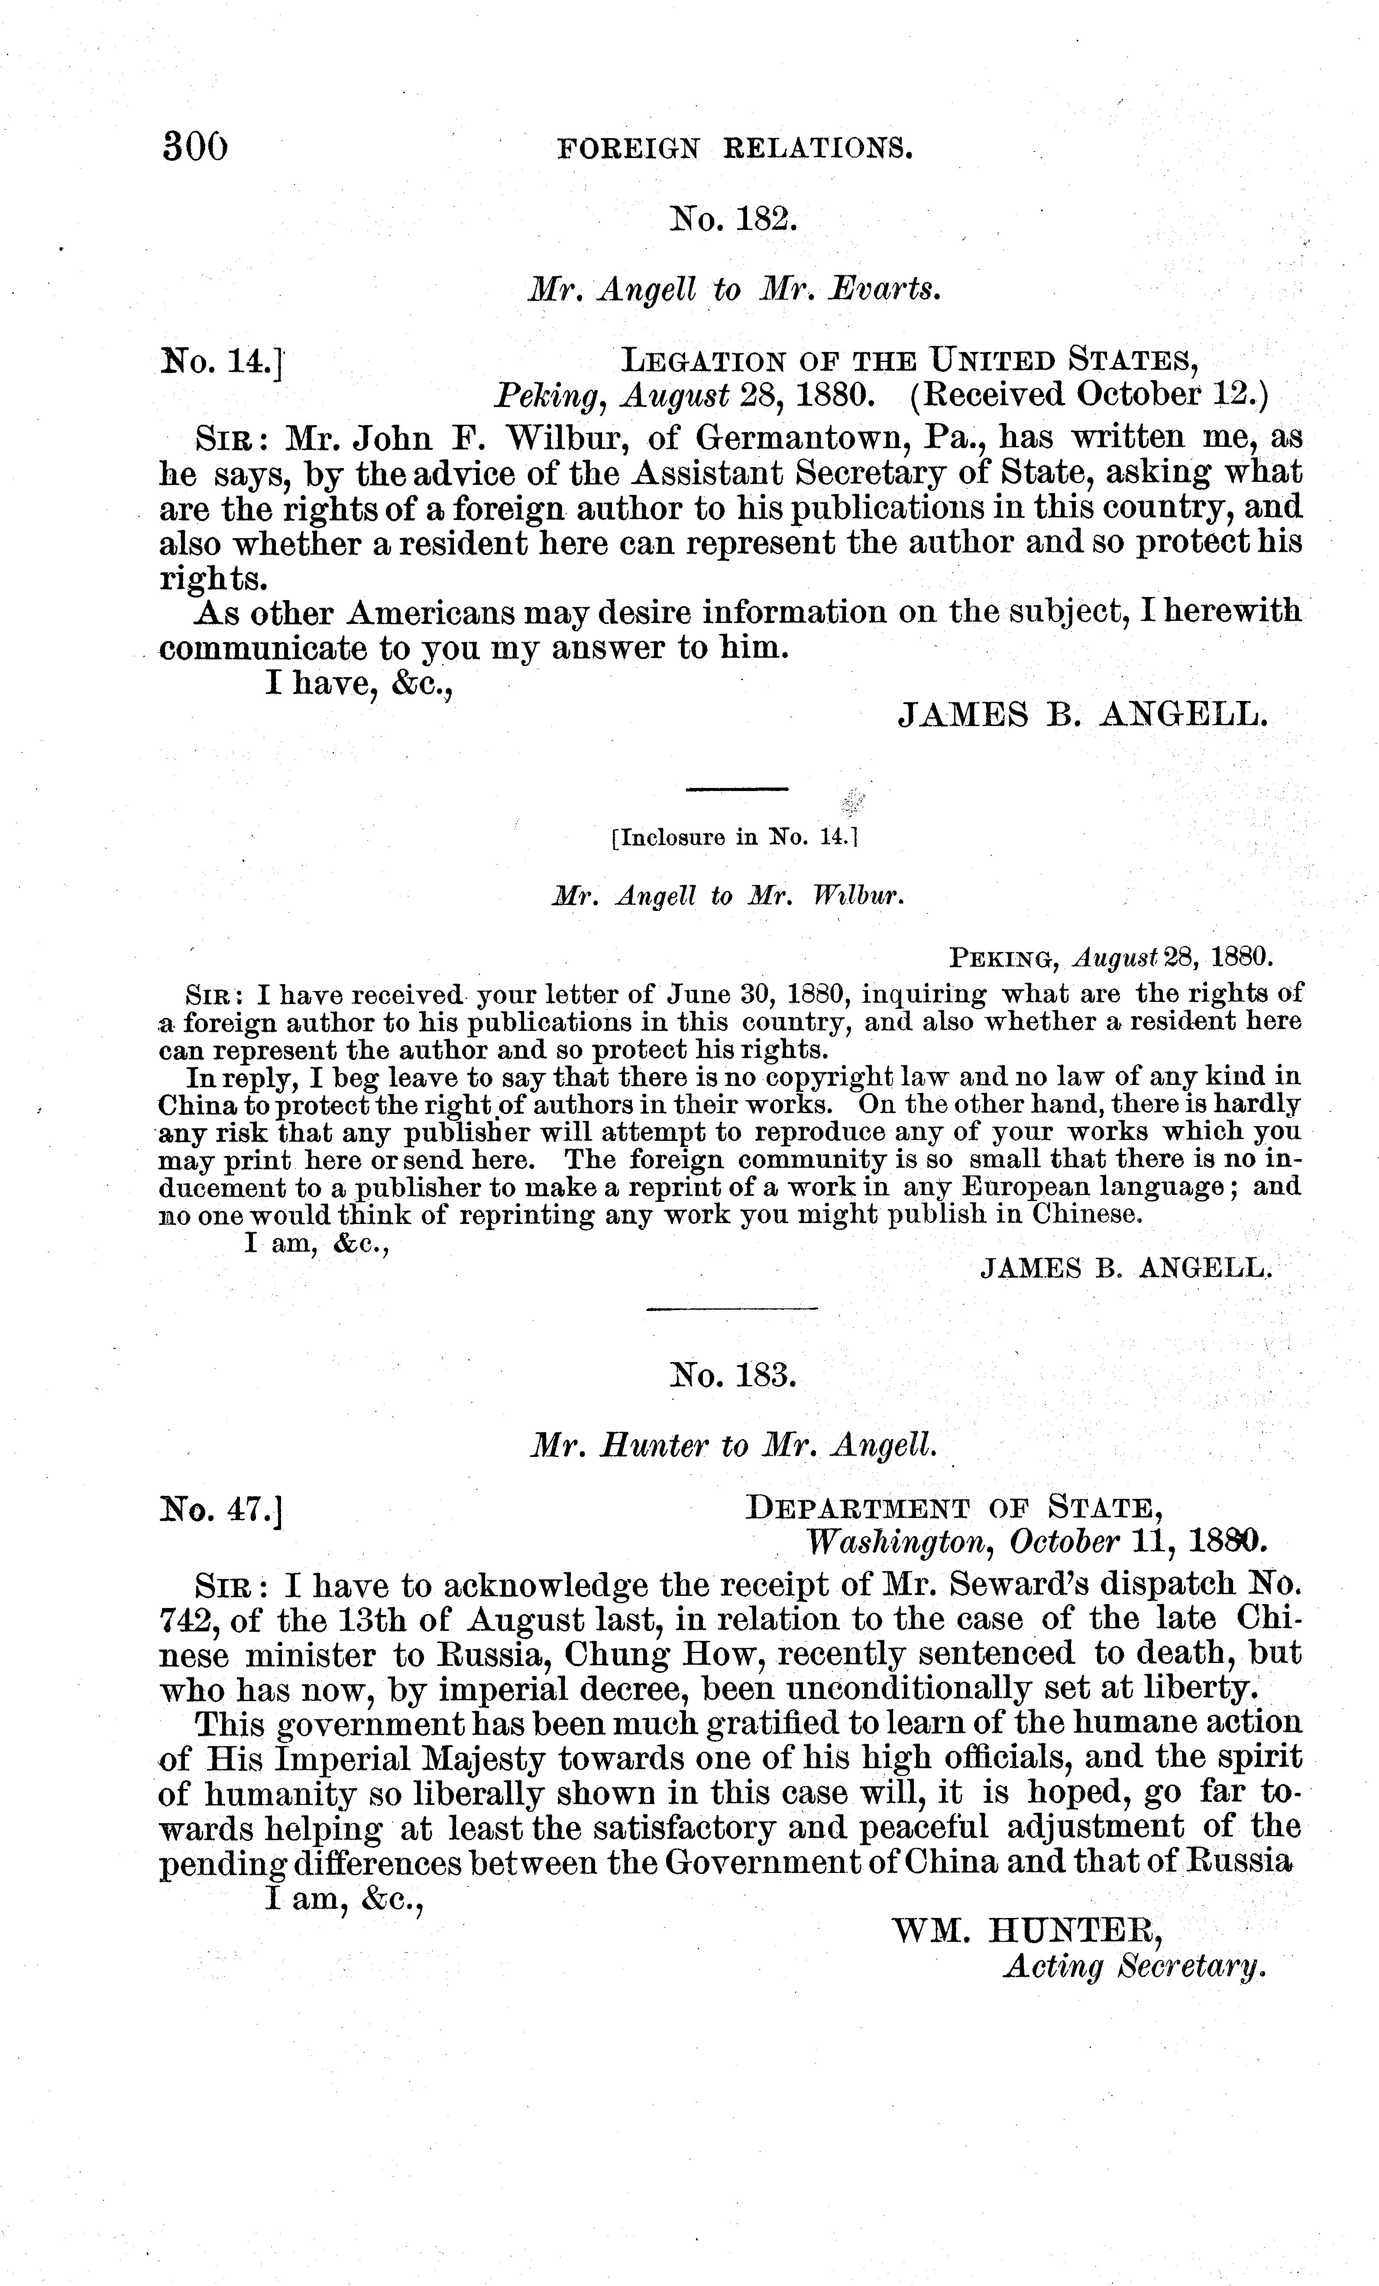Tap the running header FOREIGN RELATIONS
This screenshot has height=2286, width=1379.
click(735, 149)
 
